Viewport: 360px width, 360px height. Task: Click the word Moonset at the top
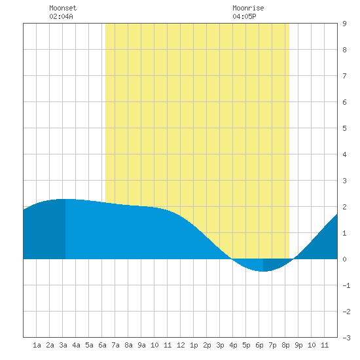(x=63, y=8)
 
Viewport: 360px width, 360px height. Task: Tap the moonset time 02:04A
(x=61, y=16)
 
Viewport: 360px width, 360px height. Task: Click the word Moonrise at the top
(x=248, y=8)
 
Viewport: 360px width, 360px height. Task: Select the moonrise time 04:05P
(x=244, y=16)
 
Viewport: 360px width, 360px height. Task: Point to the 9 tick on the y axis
(x=344, y=24)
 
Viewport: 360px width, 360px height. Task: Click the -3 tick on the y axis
(x=346, y=338)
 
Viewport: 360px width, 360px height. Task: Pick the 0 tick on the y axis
(x=344, y=259)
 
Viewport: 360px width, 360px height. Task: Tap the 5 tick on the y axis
(x=344, y=128)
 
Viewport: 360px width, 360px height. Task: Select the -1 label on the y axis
(x=346, y=285)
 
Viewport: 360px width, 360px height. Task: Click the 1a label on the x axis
(x=37, y=345)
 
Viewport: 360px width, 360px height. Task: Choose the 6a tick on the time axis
(x=102, y=345)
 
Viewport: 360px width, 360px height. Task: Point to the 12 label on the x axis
(x=181, y=345)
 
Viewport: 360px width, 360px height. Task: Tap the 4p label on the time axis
(x=233, y=345)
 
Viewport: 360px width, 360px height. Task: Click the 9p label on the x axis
(x=298, y=345)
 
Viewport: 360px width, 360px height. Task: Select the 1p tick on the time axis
(x=194, y=345)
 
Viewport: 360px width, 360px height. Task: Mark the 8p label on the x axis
(x=285, y=345)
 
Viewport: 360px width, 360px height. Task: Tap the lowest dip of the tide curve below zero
(x=264, y=271)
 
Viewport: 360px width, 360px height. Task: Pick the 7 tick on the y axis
(x=344, y=76)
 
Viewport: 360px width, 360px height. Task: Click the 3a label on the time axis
(x=63, y=345)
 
